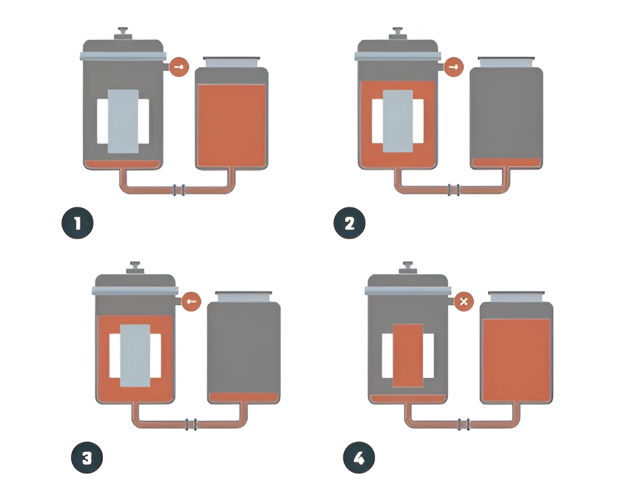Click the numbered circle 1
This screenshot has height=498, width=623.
click(x=77, y=223)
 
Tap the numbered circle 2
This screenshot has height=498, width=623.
click(x=350, y=223)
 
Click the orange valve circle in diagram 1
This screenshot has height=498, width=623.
click(x=179, y=67)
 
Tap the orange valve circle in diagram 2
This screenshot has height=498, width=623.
click(x=454, y=67)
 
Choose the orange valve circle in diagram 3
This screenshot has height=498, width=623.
click(x=191, y=301)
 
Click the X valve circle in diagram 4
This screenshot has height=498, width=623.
click(x=464, y=301)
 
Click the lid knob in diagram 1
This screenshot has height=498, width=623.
click(x=123, y=33)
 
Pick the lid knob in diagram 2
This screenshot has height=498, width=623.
click(x=397, y=33)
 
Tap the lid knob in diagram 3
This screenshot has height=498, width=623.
click(x=135, y=267)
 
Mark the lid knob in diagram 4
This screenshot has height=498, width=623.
click(x=407, y=267)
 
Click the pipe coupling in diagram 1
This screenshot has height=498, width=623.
click(x=179, y=190)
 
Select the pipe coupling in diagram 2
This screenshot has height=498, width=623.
click(x=454, y=190)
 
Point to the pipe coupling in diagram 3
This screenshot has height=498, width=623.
click(x=191, y=424)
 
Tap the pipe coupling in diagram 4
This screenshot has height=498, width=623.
click(x=464, y=424)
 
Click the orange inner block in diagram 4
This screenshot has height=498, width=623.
click(x=407, y=355)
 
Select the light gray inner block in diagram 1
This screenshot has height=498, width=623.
click(x=123, y=121)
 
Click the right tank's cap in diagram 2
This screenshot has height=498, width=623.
click(x=506, y=62)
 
